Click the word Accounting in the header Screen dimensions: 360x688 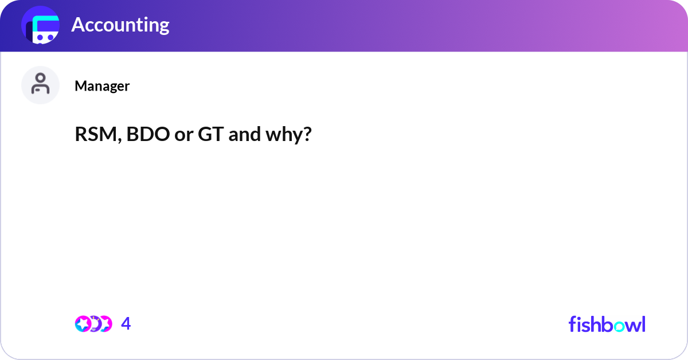pyautogui.click(x=120, y=25)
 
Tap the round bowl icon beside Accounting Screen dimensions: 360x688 pyautogui.click(x=41, y=26)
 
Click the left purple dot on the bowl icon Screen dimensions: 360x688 pyautogui.click(x=40, y=37)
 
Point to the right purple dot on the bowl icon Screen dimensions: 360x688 pyautogui.click(x=50, y=37)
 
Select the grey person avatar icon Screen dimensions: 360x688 pyautogui.click(x=41, y=85)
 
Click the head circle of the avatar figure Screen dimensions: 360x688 pyautogui.click(x=41, y=79)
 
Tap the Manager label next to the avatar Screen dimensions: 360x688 pyautogui.click(x=102, y=86)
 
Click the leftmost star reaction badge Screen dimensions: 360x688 pyautogui.click(x=83, y=324)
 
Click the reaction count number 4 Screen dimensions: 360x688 pyautogui.click(x=126, y=324)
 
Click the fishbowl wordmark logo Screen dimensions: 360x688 pyautogui.click(x=607, y=324)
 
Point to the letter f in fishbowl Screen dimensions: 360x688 pyautogui.click(x=572, y=324)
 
